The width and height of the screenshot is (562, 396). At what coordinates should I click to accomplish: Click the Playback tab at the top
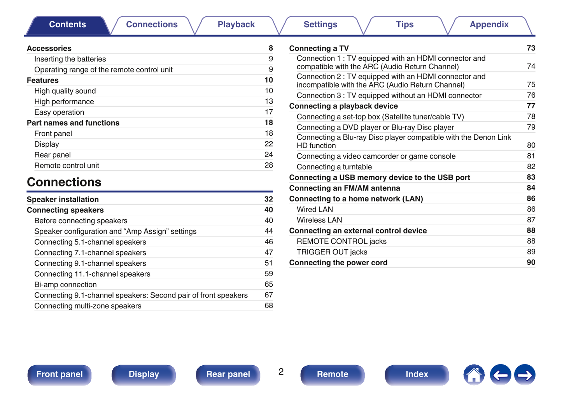coord(236,25)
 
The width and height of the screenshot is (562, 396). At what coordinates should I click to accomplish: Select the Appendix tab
coord(489,25)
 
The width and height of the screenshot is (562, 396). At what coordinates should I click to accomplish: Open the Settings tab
coord(320,25)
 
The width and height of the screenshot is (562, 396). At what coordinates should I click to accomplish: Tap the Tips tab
coord(404,25)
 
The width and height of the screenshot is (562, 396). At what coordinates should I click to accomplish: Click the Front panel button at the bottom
coord(60,374)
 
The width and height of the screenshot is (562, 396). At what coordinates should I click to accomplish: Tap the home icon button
coord(474,375)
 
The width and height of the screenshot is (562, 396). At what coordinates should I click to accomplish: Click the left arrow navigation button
coord(500,375)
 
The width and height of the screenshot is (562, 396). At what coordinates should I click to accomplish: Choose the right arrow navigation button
coord(525,375)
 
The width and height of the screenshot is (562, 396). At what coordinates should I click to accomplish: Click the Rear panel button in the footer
coord(228,374)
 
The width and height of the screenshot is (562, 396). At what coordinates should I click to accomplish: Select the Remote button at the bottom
coord(333,374)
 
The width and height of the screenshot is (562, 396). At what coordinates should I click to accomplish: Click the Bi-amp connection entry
coord(65,285)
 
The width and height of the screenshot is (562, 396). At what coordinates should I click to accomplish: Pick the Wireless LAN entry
coord(319,220)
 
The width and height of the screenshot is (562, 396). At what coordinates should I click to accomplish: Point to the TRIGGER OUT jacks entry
coord(332,252)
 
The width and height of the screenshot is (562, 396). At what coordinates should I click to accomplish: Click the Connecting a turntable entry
coord(334,167)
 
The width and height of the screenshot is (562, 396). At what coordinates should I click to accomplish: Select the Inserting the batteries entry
coord(70,59)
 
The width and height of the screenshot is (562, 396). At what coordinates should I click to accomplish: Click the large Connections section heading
coord(64,182)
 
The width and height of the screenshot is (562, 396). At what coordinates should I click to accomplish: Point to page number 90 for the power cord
coord(531,263)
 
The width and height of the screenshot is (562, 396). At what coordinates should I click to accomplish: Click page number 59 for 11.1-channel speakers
coord(268,274)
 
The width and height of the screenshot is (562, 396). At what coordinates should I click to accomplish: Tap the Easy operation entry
coord(59,112)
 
